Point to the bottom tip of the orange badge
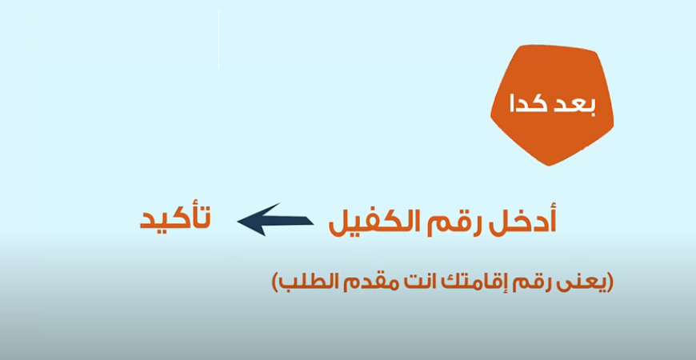(x=549, y=166)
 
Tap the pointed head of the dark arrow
(x=238, y=221)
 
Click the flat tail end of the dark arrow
(x=313, y=221)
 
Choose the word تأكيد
(x=175, y=218)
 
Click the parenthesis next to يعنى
(x=610, y=283)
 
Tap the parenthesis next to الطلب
(x=274, y=283)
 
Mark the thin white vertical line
(x=219, y=40)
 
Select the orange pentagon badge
(x=552, y=105)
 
